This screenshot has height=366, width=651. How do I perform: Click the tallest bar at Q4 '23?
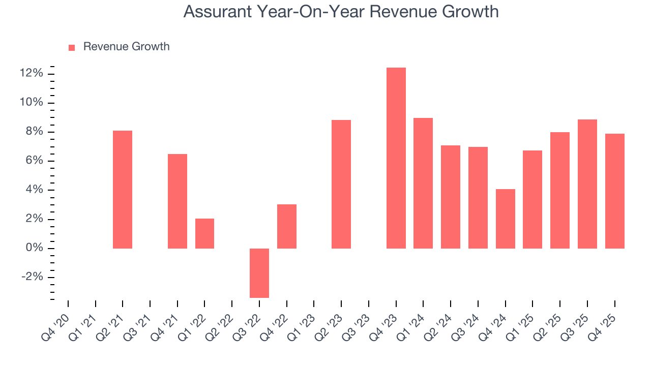396,158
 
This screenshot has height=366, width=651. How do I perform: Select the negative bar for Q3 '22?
259,273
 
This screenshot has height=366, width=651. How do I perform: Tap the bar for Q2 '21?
123,190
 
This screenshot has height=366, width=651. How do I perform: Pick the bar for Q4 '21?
177,201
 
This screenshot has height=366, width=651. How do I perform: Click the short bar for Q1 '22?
204,233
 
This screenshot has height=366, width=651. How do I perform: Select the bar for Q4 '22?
286,226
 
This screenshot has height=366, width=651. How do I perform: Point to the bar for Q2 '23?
341,184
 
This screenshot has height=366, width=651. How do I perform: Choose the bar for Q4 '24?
505,219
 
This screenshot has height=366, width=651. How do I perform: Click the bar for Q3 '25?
587,184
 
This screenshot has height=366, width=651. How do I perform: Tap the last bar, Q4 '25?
614,191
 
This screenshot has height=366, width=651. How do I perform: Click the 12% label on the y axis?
31,74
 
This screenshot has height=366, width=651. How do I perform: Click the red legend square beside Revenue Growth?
72,47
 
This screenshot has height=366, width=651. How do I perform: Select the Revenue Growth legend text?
126,47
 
